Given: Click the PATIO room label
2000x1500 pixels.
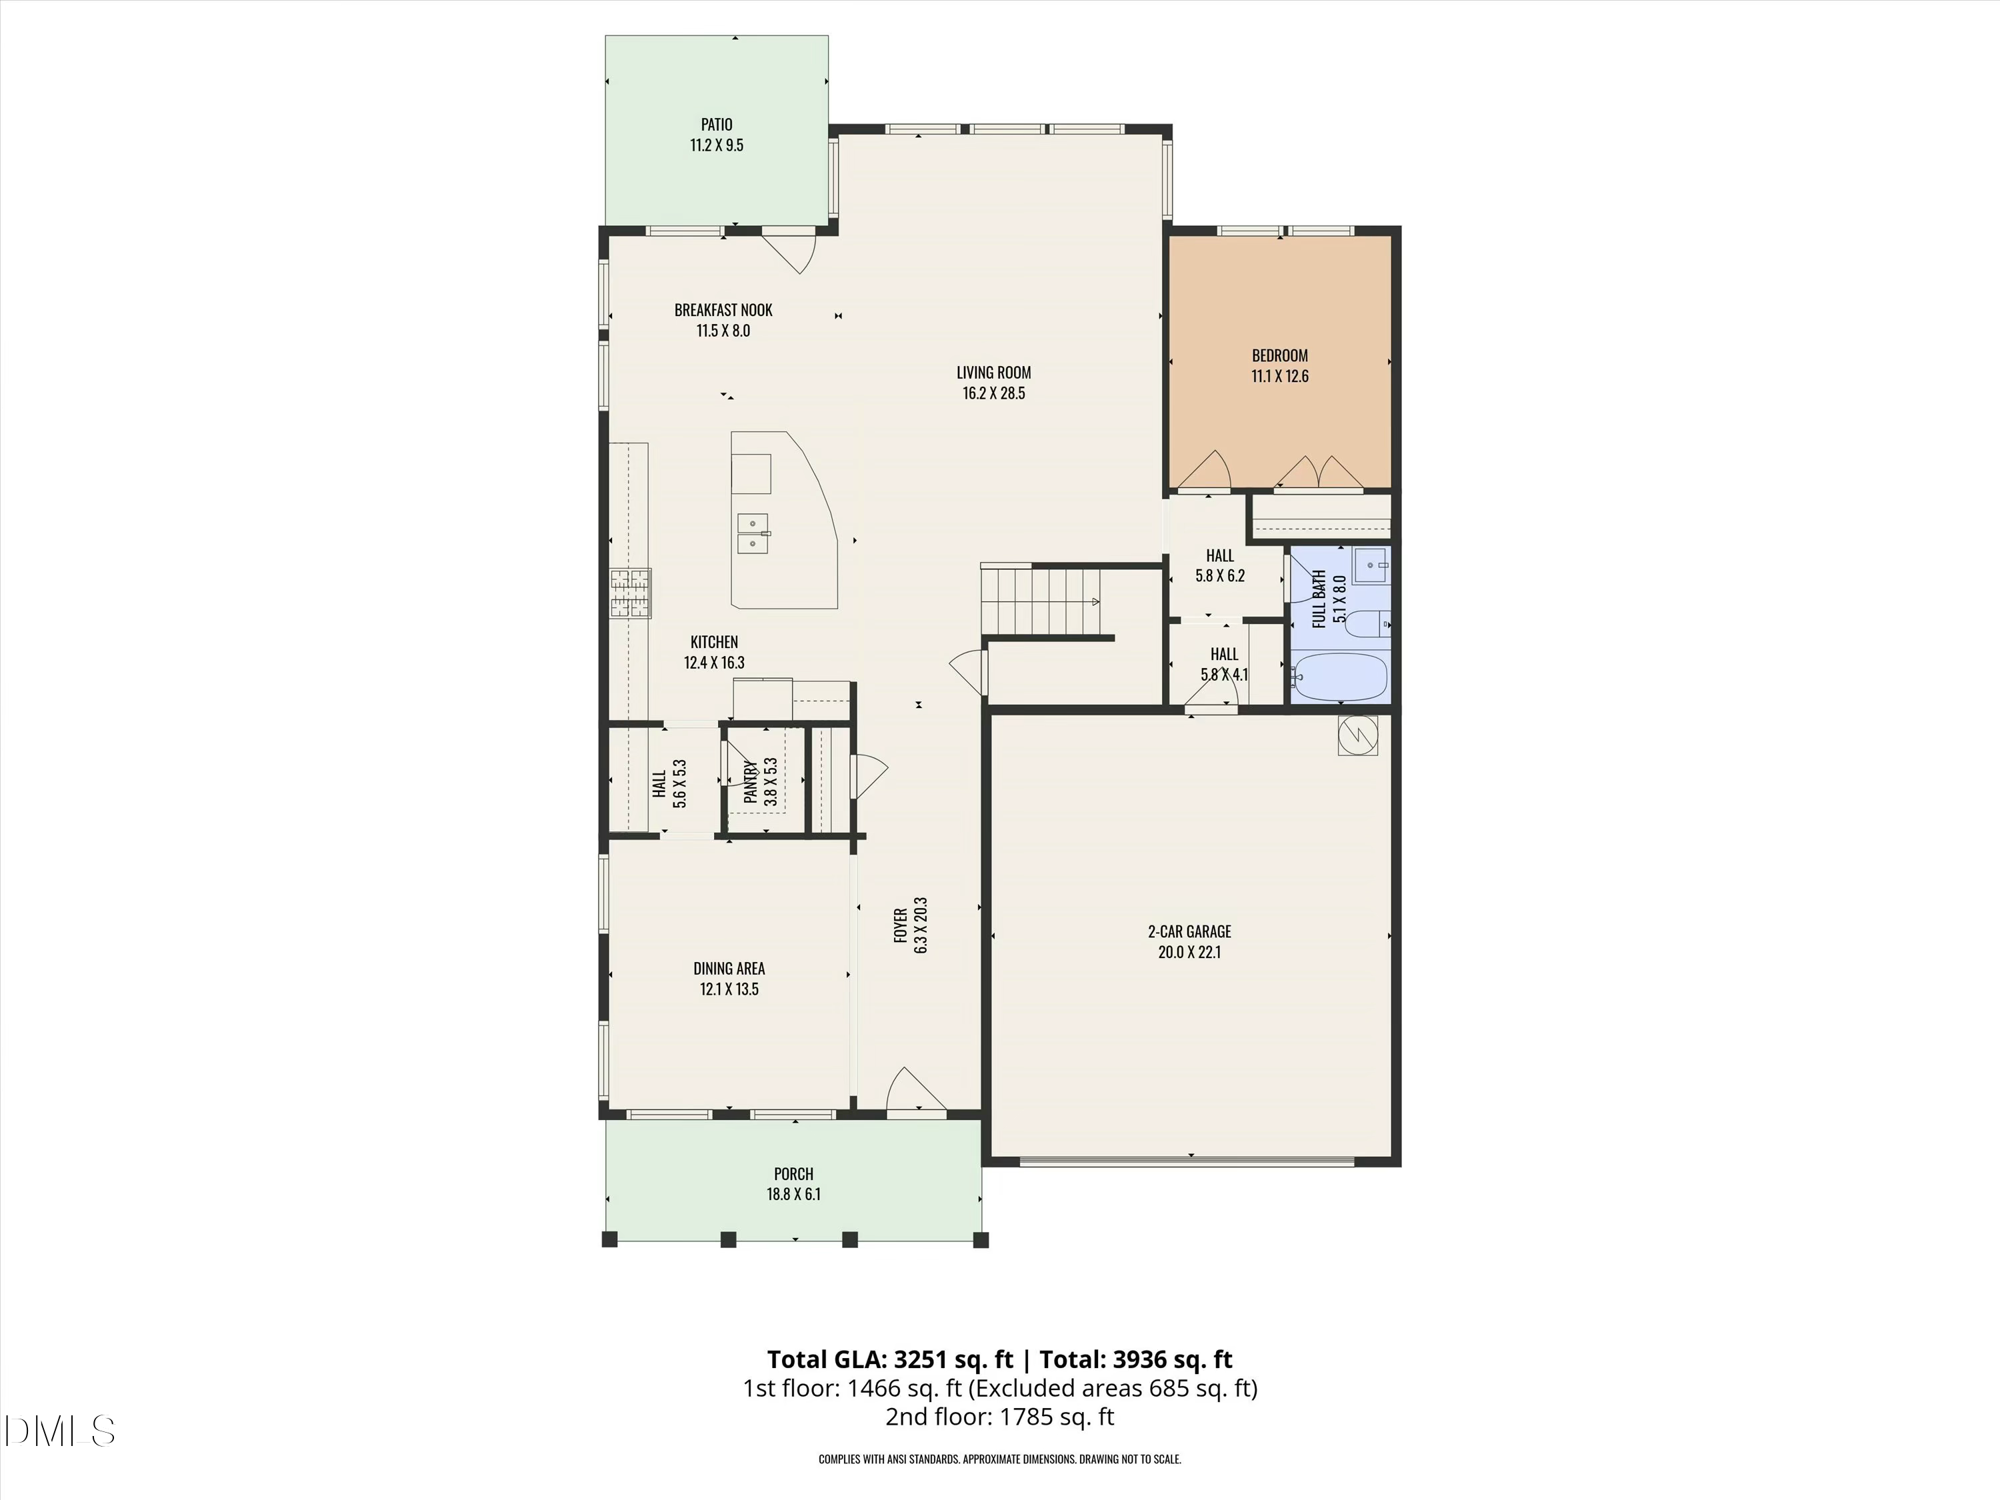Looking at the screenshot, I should pyautogui.click(x=716, y=125).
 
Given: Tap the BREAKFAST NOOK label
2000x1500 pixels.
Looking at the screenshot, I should pyautogui.click(x=723, y=310).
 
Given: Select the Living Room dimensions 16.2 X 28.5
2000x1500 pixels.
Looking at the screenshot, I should pyautogui.click(x=994, y=393).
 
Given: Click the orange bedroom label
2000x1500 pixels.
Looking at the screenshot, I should pyautogui.click(x=1279, y=356).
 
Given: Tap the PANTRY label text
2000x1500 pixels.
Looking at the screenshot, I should pyautogui.click(x=751, y=782).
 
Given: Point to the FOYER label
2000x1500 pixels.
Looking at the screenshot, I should pyautogui.click(x=901, y=925).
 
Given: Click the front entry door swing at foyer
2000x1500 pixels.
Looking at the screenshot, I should pyautogui.click(x=913, y=1089).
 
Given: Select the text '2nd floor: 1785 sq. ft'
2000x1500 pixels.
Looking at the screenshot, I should pyautogui.click(x=999, y=1417).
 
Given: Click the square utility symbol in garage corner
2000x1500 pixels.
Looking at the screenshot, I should pyautogui.click(x=1357, y=735).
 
